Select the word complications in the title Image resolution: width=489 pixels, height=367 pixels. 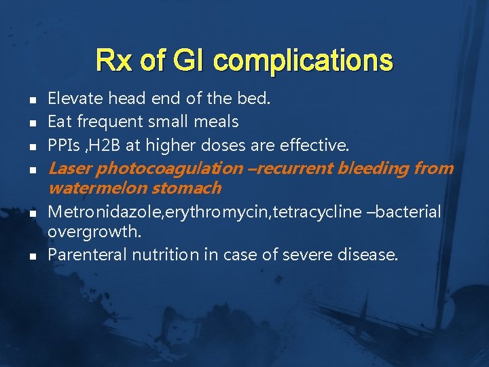coord(302,60)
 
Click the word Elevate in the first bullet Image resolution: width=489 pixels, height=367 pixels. coord(75,99)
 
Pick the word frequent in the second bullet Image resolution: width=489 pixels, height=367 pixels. coord(106,122)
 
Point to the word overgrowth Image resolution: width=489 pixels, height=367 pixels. coord(94,232)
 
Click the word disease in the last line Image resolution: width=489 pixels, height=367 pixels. coord(370,255)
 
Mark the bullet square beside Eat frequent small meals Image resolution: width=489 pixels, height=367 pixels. coord(32,123)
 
